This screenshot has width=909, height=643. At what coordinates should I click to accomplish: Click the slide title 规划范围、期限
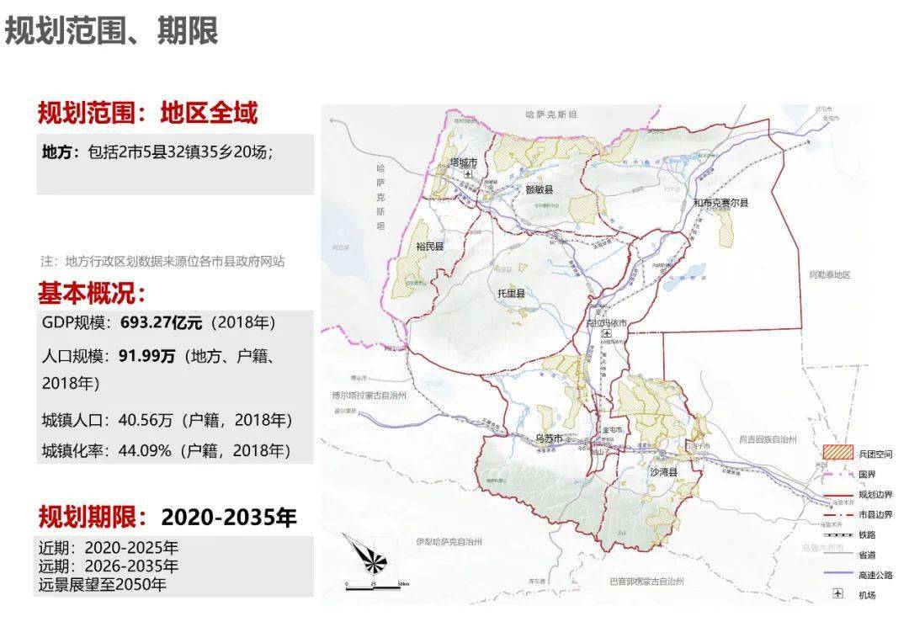[112, 31]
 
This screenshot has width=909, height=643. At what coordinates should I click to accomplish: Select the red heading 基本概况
[92, 293]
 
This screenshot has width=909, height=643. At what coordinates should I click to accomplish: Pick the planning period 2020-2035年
[229, 517]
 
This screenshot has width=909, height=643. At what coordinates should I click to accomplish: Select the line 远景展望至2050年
[103, 584]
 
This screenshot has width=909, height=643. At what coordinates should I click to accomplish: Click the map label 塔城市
[464, 162]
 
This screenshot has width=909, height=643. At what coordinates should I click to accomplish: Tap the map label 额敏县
[539, 189]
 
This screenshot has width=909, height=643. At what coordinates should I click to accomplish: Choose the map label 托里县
[510, 294]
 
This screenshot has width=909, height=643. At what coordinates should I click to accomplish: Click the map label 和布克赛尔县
[720, 203]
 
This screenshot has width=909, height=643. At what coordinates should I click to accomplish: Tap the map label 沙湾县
[664, 473]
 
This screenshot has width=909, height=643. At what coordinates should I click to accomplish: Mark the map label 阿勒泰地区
[830, 275]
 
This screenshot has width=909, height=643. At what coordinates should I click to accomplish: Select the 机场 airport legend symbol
[837, 594]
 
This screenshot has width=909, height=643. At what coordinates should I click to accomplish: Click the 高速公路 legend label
[875, 575]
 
